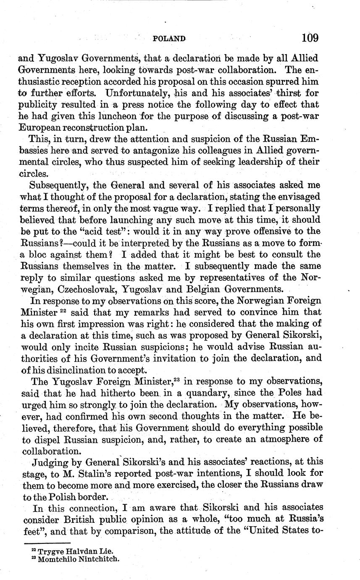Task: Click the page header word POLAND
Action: click(169, 39)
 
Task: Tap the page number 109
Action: click(310, 38)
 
